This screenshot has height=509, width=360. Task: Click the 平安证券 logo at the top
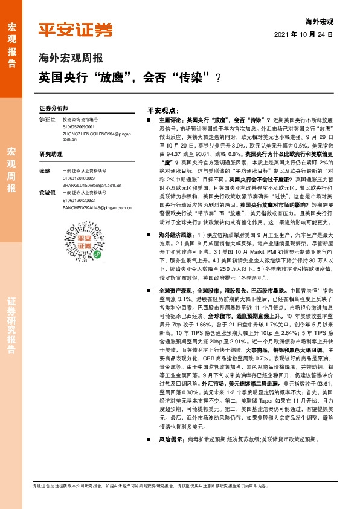(x=75, y=30)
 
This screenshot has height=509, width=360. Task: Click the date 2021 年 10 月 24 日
(x=309, y=34)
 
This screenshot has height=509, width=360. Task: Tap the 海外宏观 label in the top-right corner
(x=320, y=22)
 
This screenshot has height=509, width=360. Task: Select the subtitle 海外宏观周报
(x=71, y=59)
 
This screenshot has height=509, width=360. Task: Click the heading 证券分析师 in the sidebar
(x=51, y=108)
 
